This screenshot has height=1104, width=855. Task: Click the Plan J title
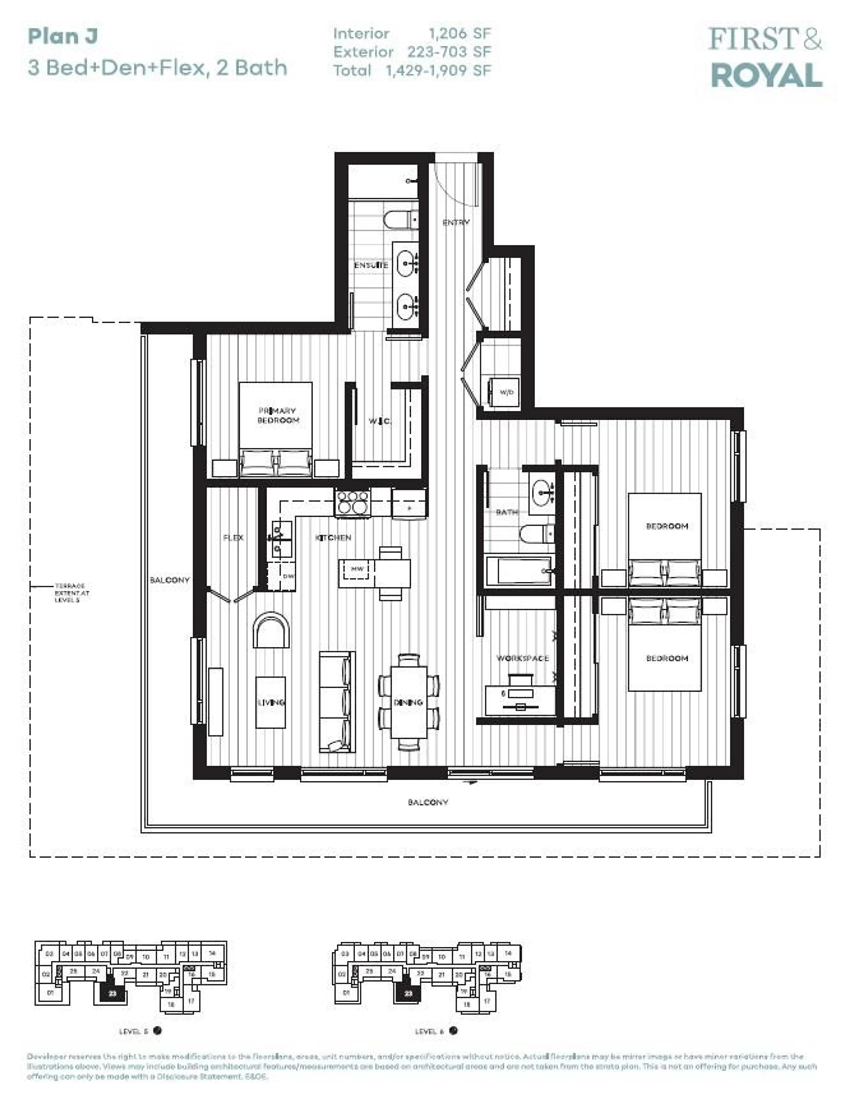point(63,36)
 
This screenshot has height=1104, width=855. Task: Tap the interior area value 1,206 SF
point(459,33)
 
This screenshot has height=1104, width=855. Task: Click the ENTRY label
point(456,222)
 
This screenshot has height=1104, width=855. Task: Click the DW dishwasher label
point(288,576)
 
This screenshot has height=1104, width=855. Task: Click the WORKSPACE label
point(522,658)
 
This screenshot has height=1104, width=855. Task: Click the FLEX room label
point(233,538)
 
